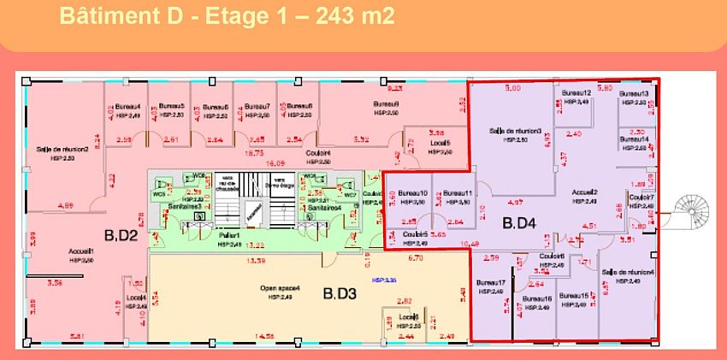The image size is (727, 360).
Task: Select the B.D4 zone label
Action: [518, 225]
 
